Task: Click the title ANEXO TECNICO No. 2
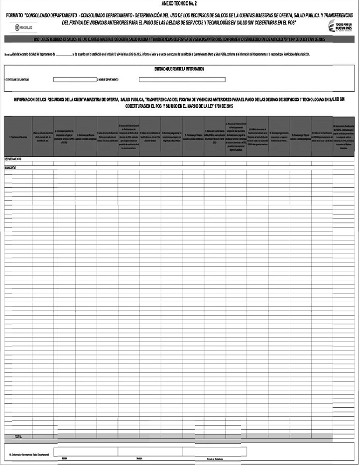click(x=179, y=3)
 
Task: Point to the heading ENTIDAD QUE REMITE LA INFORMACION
click(x=179, y=69)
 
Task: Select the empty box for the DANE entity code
click(x=75, y=79)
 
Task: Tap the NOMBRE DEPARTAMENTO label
click(x=108, y=79)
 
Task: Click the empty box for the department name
click(x=182, y=79)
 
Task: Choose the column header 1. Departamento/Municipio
click(x=18, y=136)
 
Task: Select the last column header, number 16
click(x=344, y=136)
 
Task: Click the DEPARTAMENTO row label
click(x=13, y=159)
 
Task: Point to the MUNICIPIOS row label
click(x=11, y=168)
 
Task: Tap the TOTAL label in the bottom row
click(x=18, y=436)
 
